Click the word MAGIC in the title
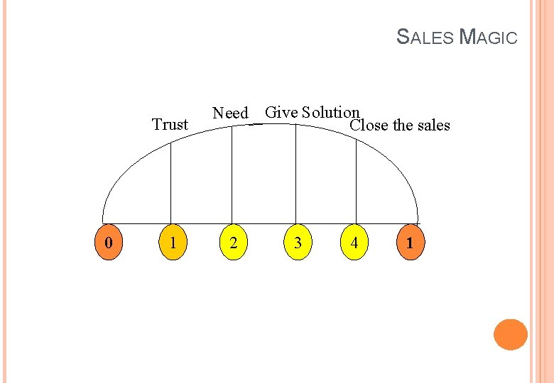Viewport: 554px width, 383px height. (x=489, y=36)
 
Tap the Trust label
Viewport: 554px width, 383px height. (x=170, y=125)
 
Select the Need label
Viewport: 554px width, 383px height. (x=230, y=113)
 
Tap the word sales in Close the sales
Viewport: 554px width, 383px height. (x=433, y=126)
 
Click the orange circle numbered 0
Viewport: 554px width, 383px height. (x=108, y=243)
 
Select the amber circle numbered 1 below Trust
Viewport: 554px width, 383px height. (x=171, y=243)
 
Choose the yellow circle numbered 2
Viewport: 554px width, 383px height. (x=232, y=243)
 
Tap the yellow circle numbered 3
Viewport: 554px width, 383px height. (x=297, y=243)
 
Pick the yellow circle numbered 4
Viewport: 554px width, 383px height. (x=354, y=243)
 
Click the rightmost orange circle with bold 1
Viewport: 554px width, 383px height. (x=410, y=243)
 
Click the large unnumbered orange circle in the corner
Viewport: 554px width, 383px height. (x=510, y=334)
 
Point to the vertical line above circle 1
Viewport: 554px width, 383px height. (x=171, y=181)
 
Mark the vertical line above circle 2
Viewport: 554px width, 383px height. (x=232, y=174)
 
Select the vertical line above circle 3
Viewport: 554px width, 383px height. (x=295, y=174)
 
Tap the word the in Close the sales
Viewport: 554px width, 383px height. (x=403, y=126)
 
